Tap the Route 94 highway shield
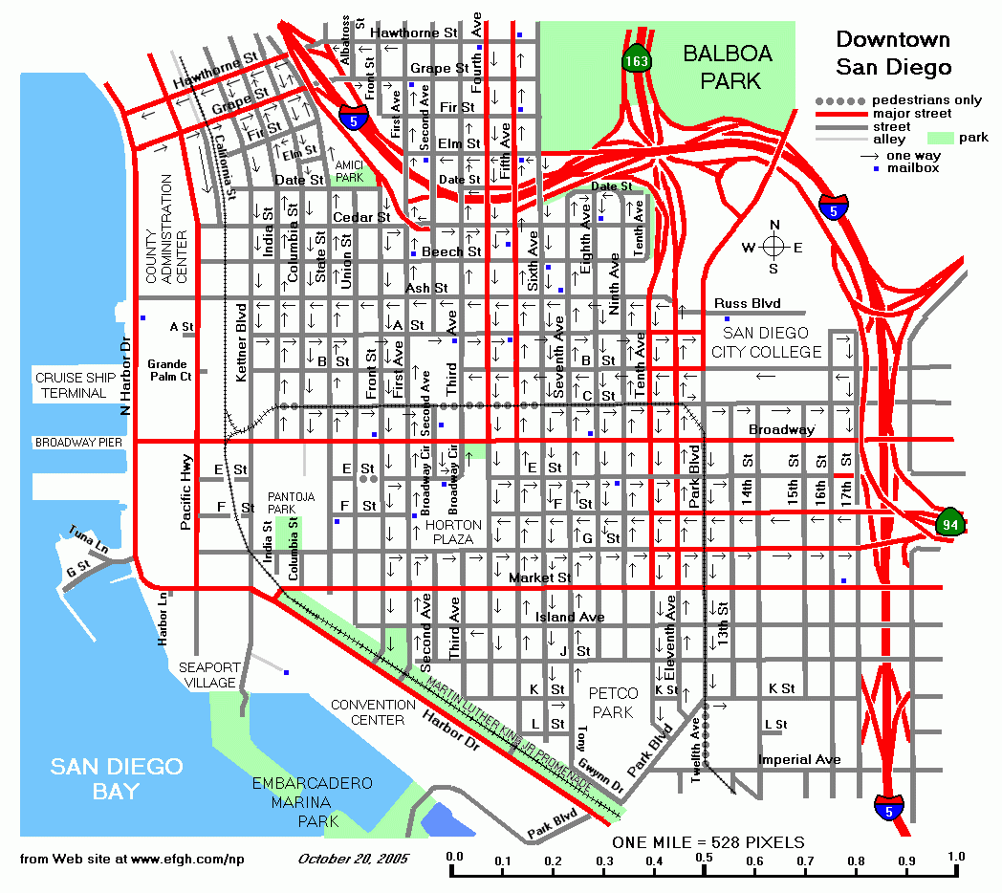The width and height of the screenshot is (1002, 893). [x=949, y=522]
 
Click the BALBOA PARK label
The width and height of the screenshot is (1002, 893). [x=722, y=67]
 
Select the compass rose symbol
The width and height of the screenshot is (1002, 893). [x=774, y=247]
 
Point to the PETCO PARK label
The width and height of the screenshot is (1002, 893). [x=611, y=704]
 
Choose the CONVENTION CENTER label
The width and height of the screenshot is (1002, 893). [x=373, y=712]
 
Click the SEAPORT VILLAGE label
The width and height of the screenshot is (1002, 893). [x=209, y=675]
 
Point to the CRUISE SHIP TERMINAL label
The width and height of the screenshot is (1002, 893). [x=71, y=385]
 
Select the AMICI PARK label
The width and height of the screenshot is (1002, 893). [x=349, y=171]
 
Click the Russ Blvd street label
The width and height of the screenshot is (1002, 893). [x=748, y=304]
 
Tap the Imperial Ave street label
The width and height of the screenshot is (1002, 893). [x=799, y=760]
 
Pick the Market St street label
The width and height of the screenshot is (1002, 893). [x=539, y=577]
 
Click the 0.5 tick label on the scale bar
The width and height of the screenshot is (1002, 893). [x=704, y=857]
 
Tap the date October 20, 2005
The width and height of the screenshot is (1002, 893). [x=353, y=858]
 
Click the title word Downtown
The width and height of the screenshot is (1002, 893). [x=893, y=39]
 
